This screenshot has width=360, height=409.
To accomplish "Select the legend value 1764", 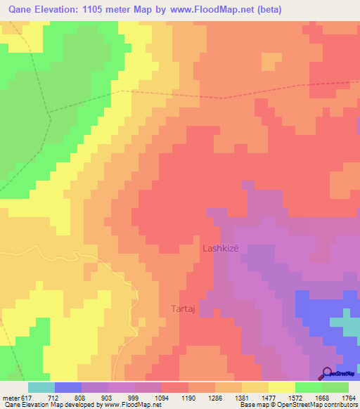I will [x=348, y=397].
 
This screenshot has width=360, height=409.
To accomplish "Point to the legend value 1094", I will [x=162, y=397].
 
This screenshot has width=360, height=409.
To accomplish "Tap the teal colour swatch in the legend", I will [x=41, y=387].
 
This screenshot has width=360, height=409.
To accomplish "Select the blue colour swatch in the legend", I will [x=68, y=387].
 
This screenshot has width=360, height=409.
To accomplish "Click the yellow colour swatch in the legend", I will [x=281, y=387].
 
